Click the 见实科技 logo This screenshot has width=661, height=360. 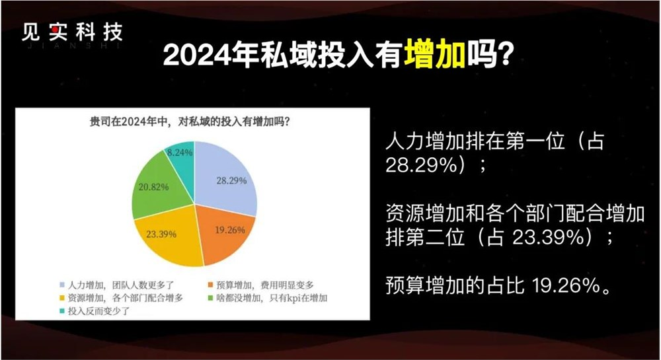click(x=71, y=34)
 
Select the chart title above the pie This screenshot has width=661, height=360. click(x=192, y=122)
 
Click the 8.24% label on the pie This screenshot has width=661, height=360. click(x=180, y=152)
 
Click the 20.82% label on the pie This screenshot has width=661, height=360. click(x=153, y=187)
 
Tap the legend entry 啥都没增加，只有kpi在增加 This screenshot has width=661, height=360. click(x=268, y=298)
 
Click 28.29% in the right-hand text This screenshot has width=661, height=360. click(x=423, y=166)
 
